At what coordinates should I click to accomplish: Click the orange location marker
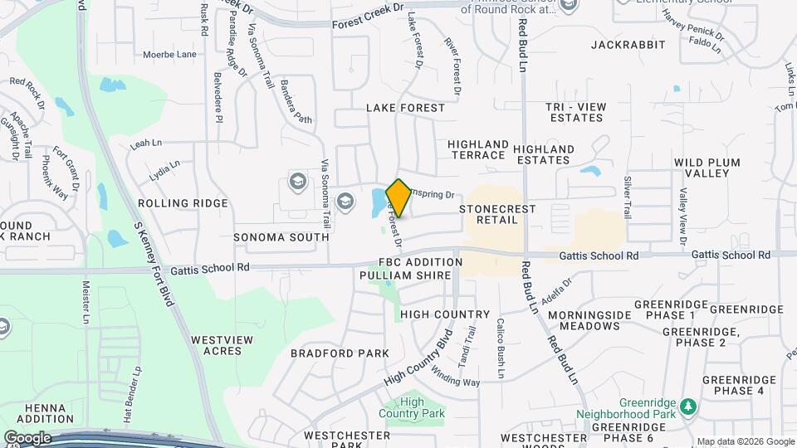pyautogui.click(x=398, y=198)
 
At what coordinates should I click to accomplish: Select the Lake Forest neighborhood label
pyautogui.click(x=405, y=108)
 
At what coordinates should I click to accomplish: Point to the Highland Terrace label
pyautogui.click(x=477, y=149)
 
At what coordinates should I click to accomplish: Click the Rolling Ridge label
pyautogui.click(x=183, y=203)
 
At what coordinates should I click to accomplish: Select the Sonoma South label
pyautogui.click(x=281, y=237)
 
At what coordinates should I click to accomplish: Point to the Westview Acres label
pyautogui.click(x=217, y=345)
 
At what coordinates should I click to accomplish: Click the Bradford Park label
pyautogui.click(x=340, y=353)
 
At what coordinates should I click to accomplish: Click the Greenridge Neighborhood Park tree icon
pyautogui.click(x=687, y=406)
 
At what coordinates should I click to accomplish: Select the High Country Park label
pyautogui.click(x=412, y=407)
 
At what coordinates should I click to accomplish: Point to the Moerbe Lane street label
pyautogui.click(x=169, y=55)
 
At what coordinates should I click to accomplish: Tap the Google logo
pyautogui.click(x=27, y=437)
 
